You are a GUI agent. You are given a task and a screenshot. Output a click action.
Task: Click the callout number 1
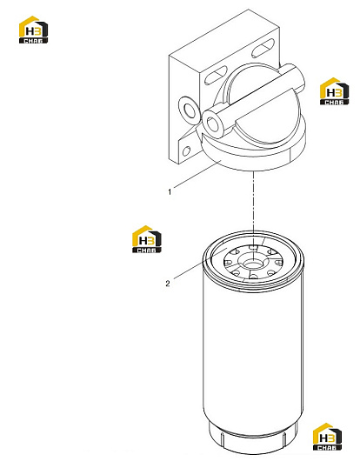click(x=170, y=191)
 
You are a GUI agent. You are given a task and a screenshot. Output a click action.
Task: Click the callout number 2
click(x=168, y=284)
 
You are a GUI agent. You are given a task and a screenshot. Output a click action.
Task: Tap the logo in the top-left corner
click(x=33, y=30)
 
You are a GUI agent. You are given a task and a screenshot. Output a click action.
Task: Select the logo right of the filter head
click(x=334, y=91)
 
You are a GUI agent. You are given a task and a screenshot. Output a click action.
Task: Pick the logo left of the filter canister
click(x=146, y=239)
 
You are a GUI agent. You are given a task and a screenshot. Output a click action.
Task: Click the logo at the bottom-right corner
click(x=327, y=437)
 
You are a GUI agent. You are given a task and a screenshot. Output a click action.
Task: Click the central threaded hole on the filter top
click(x=252, y=264)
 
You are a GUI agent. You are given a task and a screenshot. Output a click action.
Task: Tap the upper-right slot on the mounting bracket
click(x=263, y=48)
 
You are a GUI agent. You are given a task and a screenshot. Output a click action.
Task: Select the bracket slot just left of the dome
click(x=215, y=75)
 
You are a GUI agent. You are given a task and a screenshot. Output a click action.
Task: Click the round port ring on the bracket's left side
click(x=188, y=110)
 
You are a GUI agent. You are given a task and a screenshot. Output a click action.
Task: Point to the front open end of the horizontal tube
click(x=212, y=124)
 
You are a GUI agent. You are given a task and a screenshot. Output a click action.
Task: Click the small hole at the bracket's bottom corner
click(x=186, y=151)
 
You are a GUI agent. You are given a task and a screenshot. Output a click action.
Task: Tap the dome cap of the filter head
click(x=265, y=108)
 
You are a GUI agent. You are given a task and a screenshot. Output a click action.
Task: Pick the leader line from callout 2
click(x=200, y=264)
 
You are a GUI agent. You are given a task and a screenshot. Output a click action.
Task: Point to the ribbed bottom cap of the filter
click(x=253, y=438)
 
